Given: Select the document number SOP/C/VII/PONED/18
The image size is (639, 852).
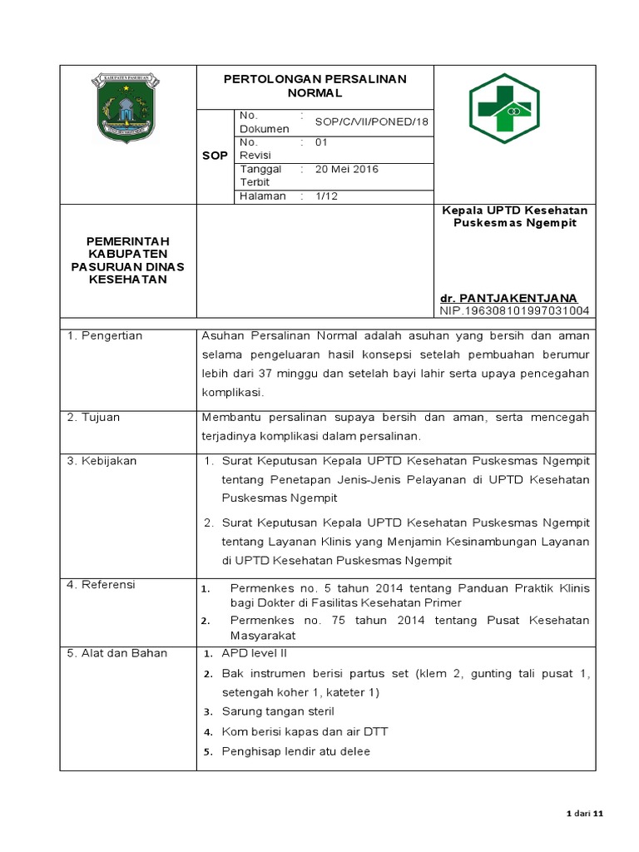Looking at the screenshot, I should click(372, 121).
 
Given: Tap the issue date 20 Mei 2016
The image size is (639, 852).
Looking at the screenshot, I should click(347, 169).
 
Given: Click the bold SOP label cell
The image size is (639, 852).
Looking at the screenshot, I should click(215, 156).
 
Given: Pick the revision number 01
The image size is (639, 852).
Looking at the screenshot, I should click(322, 142).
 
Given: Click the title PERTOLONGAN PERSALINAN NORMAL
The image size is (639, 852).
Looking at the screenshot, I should click(315, 86).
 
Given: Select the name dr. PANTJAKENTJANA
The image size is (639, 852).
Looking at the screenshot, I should click(508, 298).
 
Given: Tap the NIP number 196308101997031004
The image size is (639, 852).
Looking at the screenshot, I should click(514, 310).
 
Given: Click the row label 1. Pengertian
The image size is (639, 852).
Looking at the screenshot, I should click(105, 335).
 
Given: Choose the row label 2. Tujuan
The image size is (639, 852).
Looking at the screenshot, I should click(93, 417).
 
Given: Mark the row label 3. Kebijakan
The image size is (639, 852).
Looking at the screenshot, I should click(102, 460).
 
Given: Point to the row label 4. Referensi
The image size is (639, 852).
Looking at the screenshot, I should click(102, 585).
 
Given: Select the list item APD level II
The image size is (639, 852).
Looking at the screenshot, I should click(254, 653).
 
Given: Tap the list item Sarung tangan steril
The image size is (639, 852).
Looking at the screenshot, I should click(278, 711).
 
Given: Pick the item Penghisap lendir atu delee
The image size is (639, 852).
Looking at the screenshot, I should click(295, 751).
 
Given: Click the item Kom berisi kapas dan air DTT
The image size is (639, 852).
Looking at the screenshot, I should click(305, 731).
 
